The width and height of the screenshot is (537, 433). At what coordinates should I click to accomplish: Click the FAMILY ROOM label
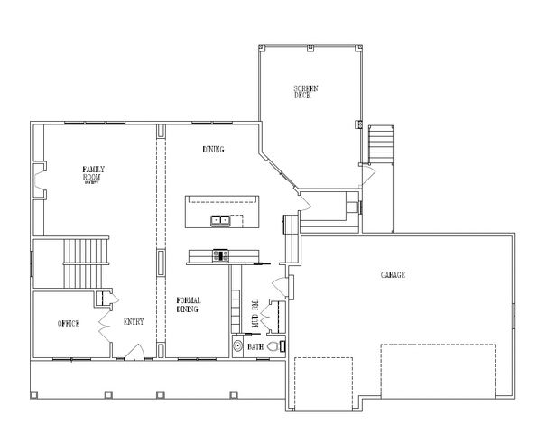pyautogui.click(x=91, y=170)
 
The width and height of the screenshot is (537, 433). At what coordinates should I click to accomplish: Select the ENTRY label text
pyautogui.click(x=133, y=322)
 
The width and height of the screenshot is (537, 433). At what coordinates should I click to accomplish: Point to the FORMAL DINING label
pyautogui.click(x=188, y=305)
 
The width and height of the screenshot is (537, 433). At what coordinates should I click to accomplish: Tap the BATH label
pyautogui.click(x=255, y=345)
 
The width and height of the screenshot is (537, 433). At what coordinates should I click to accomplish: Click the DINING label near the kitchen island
pyautogui.click(x=213, y=150)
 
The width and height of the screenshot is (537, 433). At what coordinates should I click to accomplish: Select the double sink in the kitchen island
pyautogui.click(x=220, y=219)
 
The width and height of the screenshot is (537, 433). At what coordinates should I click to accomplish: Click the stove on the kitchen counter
pyautogui.click(x=219, y=255)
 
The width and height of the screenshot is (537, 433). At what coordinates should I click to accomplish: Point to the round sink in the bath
pyautogui.click(x=237, y=345)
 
